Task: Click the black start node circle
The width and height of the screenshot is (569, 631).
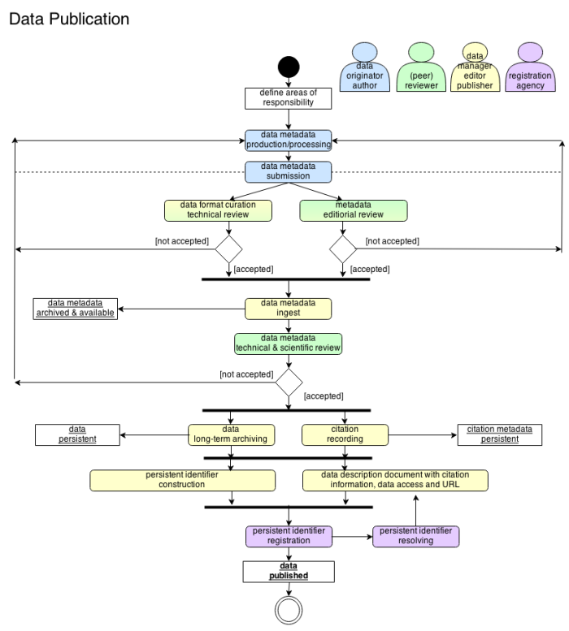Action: (x=289, y=67)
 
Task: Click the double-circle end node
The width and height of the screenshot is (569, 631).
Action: (x=289, y=610)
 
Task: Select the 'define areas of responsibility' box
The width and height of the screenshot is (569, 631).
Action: (x=289, y=98)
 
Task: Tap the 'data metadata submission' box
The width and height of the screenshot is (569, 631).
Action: (x=289, y=172)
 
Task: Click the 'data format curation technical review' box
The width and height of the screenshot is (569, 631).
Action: (x=218, y=210)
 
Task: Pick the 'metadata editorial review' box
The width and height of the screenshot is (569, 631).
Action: (x=354, y=210)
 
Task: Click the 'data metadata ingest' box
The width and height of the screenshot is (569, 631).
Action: (x=289, y=309)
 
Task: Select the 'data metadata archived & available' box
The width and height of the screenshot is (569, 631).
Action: (x=76, y=309)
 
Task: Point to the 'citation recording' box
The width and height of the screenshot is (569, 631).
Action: (x=345, y=434)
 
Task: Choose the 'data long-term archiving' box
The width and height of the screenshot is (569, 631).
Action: (x=231, y=434)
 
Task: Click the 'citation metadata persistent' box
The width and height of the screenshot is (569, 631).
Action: (x=500, y=434)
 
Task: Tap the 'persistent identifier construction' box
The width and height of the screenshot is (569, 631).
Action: (x=182, y=480)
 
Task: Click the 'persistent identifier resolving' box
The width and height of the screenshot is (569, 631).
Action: (x=416, y=537)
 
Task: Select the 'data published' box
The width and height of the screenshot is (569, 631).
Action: (x=289, y=572)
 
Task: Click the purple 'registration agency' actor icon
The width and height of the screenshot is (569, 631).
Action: (x=530, y=67)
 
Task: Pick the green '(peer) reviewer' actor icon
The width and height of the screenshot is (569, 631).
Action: (x=421, y=67)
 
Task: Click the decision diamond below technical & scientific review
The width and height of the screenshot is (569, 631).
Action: (x=289, y=382)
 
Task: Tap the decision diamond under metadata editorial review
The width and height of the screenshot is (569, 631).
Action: (x=343, y=249)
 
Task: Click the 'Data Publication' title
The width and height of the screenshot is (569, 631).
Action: (x=69, y=19)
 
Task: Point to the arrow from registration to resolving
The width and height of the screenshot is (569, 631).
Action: (x=352, y=537)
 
